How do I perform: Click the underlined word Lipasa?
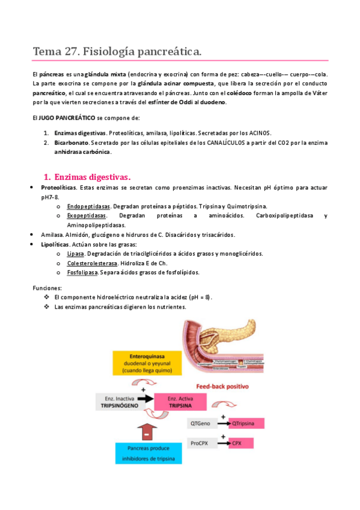click(76, 254)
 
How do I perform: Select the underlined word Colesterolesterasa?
click(92, 263)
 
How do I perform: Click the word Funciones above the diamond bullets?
click(47, 288)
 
